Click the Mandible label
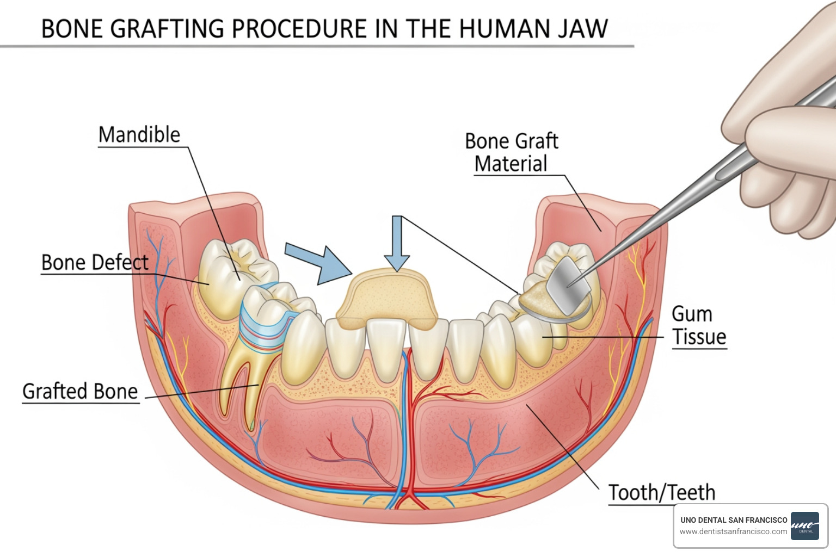[x=139, y=135]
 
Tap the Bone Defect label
[x=95, y=263]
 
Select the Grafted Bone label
[x=80, y=392]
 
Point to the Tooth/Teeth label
[x=661, y=492]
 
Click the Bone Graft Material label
[x=511, y=152]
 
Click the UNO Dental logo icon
[x=804, y=525]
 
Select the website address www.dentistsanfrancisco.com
[x=733, y=531]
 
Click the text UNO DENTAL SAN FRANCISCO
[x=733, y=520]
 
